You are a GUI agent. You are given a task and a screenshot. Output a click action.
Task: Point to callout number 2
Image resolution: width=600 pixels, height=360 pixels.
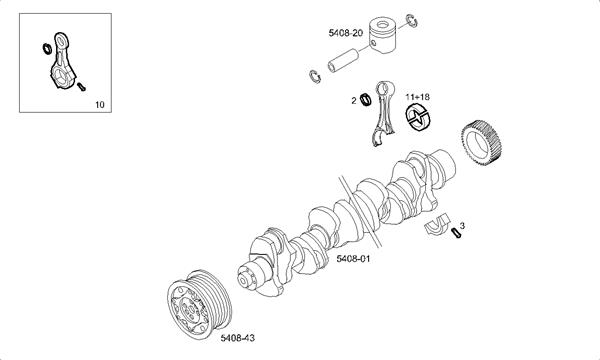tap(354, 101)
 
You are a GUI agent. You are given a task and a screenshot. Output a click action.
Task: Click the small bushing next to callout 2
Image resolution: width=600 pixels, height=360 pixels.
tap(367, 99)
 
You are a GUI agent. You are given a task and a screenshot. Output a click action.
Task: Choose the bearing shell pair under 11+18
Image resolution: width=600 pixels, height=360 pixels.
tap(417, 119)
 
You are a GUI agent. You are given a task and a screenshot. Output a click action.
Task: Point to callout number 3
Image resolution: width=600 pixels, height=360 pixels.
tap(462, 226)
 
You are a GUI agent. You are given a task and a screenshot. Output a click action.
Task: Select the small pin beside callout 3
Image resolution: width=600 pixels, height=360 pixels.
tap(455, 234)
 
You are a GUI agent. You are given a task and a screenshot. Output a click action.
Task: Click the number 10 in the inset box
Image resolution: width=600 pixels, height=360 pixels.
tap(99, 104)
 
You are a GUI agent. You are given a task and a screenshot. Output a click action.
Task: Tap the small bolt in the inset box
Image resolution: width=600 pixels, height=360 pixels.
tap(80, 87)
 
